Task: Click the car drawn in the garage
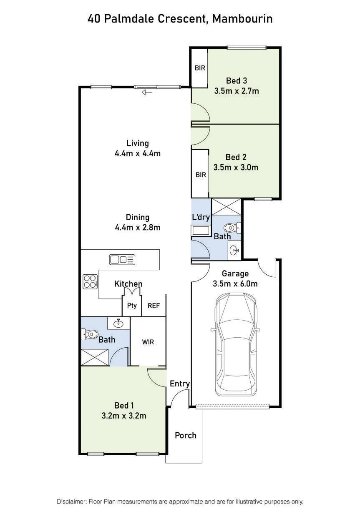236,344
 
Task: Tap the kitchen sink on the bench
122,260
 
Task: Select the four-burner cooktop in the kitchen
90,282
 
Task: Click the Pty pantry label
132,306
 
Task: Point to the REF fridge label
154,306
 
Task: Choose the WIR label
148,342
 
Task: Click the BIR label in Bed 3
200,68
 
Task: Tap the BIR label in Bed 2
201,175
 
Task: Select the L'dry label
201,217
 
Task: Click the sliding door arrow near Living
147,92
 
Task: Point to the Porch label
186,436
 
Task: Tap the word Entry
180,384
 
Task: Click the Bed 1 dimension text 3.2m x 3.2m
124,416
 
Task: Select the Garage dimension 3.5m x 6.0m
235,284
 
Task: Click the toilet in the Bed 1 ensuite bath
90,334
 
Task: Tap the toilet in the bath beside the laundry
232,228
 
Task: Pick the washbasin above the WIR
118,323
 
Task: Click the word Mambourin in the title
242,19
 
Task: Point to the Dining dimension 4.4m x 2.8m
138,228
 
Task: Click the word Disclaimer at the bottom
71,500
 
